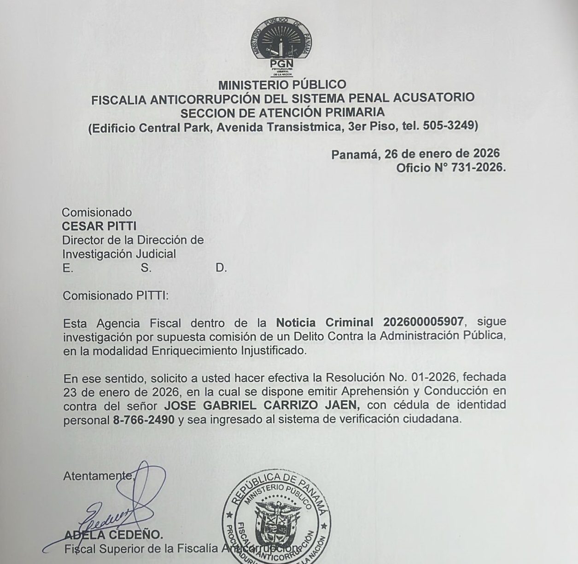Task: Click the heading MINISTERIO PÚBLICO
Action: [282, 85]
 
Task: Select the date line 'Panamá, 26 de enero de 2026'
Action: [415, 154]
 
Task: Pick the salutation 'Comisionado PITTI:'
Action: [116, 295]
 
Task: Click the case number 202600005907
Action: [424, 322]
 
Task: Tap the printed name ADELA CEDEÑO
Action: [113, 535]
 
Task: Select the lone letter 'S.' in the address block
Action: [146, 268]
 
